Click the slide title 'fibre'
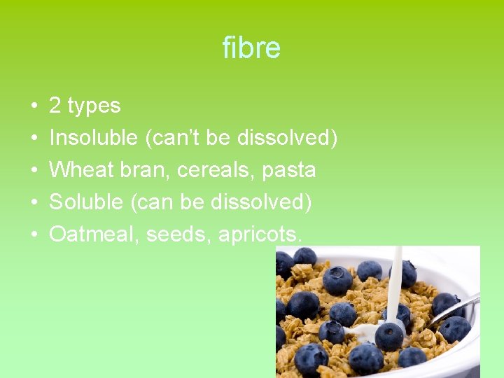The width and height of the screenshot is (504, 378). pyautogui.click(x=251, y=48)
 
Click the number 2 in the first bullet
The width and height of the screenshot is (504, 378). pyautogui.click(x=55, y=106)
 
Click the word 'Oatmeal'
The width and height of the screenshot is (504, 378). pyautogui.click(x=94, y=234)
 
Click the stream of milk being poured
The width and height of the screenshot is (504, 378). pyautogui.click(x=395, y=280)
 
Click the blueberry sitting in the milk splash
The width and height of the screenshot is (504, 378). pyautogui.click(x=388, y=335)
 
